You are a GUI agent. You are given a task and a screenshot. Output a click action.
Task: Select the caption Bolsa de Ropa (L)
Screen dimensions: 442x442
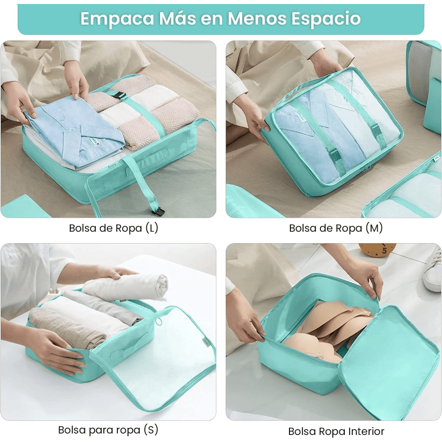click(x=114, y=229)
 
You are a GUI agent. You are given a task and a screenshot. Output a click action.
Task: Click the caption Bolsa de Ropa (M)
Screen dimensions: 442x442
click(x=336, y=229)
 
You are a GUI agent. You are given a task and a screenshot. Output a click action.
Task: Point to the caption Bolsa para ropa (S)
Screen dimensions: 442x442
click(x=108, y=430)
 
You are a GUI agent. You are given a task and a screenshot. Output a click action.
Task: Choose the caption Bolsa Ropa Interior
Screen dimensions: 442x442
click(x=336, y=431)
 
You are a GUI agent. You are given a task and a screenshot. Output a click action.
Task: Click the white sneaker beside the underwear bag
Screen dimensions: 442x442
click(x=432, y=270)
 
